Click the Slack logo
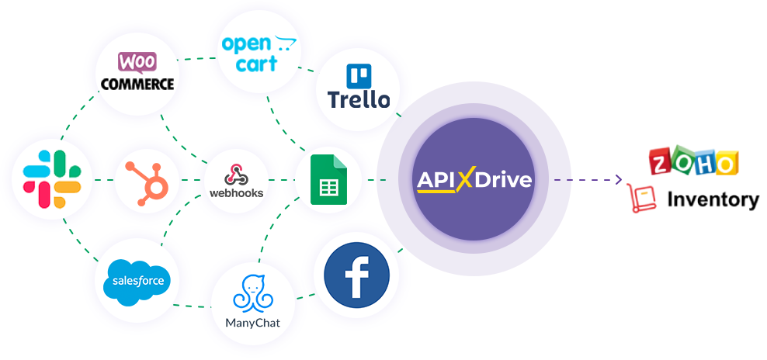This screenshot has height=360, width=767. click(52, 179)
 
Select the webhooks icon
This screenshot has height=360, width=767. click(236, 175)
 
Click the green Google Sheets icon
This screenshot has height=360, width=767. click(328, 179)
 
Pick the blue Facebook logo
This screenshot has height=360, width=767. click(356, 275)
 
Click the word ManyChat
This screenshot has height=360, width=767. click(253, 323)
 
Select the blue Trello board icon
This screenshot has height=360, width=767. click(359, 76)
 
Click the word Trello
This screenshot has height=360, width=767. click(359, 100)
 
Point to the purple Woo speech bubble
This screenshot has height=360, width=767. click(137, 63)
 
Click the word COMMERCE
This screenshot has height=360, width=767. click(137, 84)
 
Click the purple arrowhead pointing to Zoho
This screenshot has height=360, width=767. click(619, 179)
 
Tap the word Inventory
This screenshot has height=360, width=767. click(713, 199)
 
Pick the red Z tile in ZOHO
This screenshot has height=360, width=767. click(661, 162)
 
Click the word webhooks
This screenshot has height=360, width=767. click(236, 192)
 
